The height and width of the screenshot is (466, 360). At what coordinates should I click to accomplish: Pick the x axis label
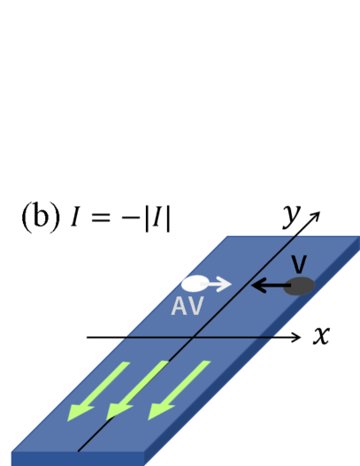coord(321,337)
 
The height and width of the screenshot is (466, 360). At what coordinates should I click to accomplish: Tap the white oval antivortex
coord(194,285)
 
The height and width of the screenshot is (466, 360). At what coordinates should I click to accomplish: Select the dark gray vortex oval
coord(302,286)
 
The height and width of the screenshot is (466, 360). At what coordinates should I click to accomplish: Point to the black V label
coord(297,264)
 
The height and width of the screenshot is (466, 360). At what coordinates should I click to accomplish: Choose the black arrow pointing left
coord(269,286)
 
